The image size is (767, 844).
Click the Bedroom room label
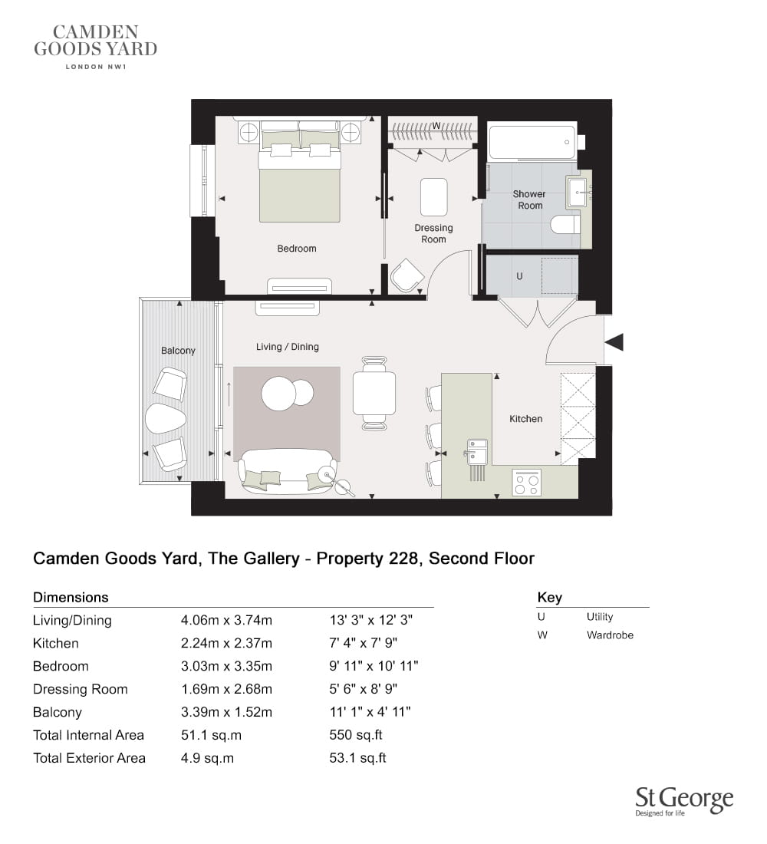pos(297,249)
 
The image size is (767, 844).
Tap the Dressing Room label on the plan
pos(433,233)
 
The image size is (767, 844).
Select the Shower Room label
pos(530,199)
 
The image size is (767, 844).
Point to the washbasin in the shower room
pos(578,192)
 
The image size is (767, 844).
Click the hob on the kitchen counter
pos(526,483)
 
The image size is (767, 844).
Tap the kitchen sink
pos(477,451)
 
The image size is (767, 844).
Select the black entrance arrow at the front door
pos(614,341)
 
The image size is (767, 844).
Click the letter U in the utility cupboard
pos(519,276)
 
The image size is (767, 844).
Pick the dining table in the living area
pos(374,393)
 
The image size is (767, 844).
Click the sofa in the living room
pos(288,472)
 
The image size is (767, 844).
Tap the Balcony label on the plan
pos(178,351)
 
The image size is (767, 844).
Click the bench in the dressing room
pos(434,197)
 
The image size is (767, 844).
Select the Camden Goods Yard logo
pos(95,47)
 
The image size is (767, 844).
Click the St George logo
pos(684,802)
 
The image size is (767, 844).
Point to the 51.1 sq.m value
pos(211,735)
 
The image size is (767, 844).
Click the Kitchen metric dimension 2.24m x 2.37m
pos(226,643)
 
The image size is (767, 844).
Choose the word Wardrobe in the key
pos(610,635)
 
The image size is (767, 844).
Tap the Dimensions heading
pos(71,598)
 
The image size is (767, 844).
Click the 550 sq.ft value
pos(356,735)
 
